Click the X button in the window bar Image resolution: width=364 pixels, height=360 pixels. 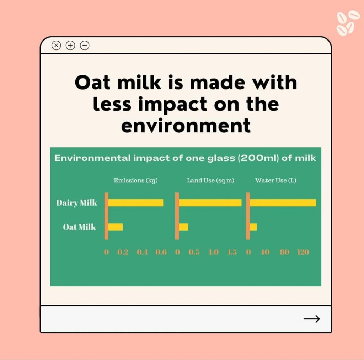[56, 45]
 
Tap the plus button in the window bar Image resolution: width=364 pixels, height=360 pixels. [70, 45]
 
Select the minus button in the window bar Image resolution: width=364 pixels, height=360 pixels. [85, 45]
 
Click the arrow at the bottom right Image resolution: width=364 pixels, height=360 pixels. [311, 319]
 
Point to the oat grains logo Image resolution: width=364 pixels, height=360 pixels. [345, 23]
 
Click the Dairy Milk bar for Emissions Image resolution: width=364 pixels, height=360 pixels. [136, 203]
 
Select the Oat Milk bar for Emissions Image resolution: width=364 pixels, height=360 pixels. [116, 227]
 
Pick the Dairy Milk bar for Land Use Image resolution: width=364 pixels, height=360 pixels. [210, 203]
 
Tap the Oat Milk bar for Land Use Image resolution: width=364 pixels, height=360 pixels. [183, 227]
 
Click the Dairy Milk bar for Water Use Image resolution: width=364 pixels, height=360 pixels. [283, 203]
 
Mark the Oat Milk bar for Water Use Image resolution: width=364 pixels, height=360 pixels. [253, 227]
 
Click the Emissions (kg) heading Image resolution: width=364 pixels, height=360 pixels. [135, 180]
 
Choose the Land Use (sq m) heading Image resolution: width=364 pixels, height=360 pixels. [210, 180]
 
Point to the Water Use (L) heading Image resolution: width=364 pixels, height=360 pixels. [276, 180]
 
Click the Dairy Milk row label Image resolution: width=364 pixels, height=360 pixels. [77, 203]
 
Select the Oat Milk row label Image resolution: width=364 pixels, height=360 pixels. [79, 227]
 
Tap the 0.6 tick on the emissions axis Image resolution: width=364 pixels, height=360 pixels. [161, 252]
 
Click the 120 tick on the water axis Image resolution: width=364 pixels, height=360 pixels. [303, 252]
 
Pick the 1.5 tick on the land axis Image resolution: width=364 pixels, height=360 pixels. [232, 252]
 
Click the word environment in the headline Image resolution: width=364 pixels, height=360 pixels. [186, 126]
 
